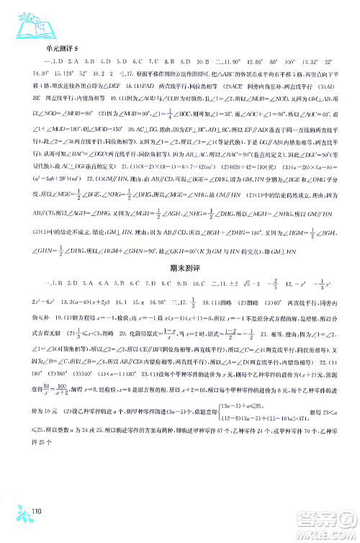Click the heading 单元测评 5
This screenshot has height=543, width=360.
(61, 48)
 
